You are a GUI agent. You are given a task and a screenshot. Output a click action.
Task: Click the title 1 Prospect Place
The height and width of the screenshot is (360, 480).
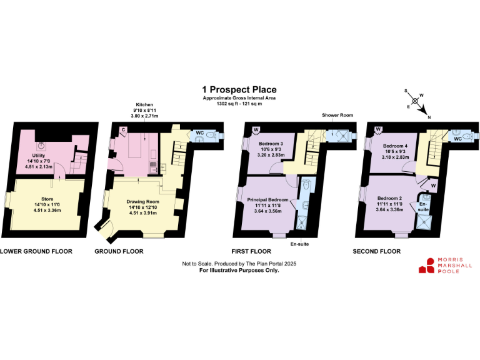tap(240, 90)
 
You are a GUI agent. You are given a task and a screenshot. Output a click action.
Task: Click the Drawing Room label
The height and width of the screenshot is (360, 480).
tap(143, 202)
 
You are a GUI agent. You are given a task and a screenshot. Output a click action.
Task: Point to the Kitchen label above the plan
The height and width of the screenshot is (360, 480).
tap(144, 104)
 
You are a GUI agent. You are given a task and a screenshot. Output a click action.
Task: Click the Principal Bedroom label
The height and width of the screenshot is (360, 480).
tap(267, 200)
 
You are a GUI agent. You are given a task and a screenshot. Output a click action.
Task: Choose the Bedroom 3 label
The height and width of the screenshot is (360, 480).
tap(271, 143)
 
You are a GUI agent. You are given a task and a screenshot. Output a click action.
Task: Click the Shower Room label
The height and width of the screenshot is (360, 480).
tap(338, 116)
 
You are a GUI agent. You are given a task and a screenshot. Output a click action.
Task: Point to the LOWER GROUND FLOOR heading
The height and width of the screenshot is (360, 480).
tap(36, 251)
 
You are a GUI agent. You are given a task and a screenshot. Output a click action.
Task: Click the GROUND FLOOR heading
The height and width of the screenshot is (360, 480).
tap(119, 251)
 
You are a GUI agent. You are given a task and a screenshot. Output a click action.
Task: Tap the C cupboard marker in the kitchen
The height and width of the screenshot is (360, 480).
tap(124, 130)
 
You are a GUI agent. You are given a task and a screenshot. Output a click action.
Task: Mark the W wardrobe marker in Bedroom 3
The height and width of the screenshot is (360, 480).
tap(256, 130)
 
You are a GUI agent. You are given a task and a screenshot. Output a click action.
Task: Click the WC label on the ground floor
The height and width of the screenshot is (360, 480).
tap(199, 133)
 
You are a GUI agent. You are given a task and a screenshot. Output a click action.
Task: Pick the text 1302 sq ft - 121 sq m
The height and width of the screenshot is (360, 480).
tap(240, 102)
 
